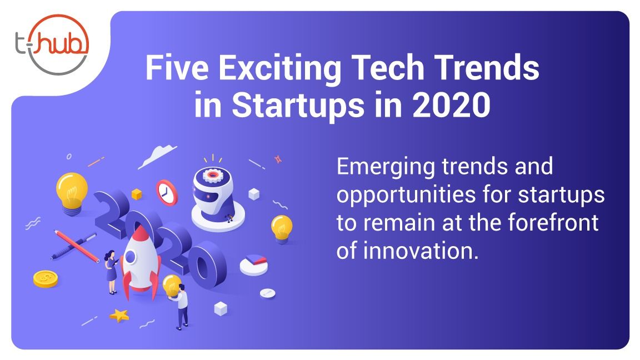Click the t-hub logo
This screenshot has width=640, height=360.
pos(52,44)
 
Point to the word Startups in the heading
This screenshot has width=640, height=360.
pos(298,106)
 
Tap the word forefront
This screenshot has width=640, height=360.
pos(553,222)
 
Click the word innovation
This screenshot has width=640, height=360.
pos(421,250)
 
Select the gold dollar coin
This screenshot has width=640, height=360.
pos(46,279)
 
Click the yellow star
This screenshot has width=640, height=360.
pos(119,315)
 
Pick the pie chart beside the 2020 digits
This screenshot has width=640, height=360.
pos(254,264)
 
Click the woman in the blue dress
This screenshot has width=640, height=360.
pos(111,272)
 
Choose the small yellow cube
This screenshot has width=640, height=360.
pos(136,194)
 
